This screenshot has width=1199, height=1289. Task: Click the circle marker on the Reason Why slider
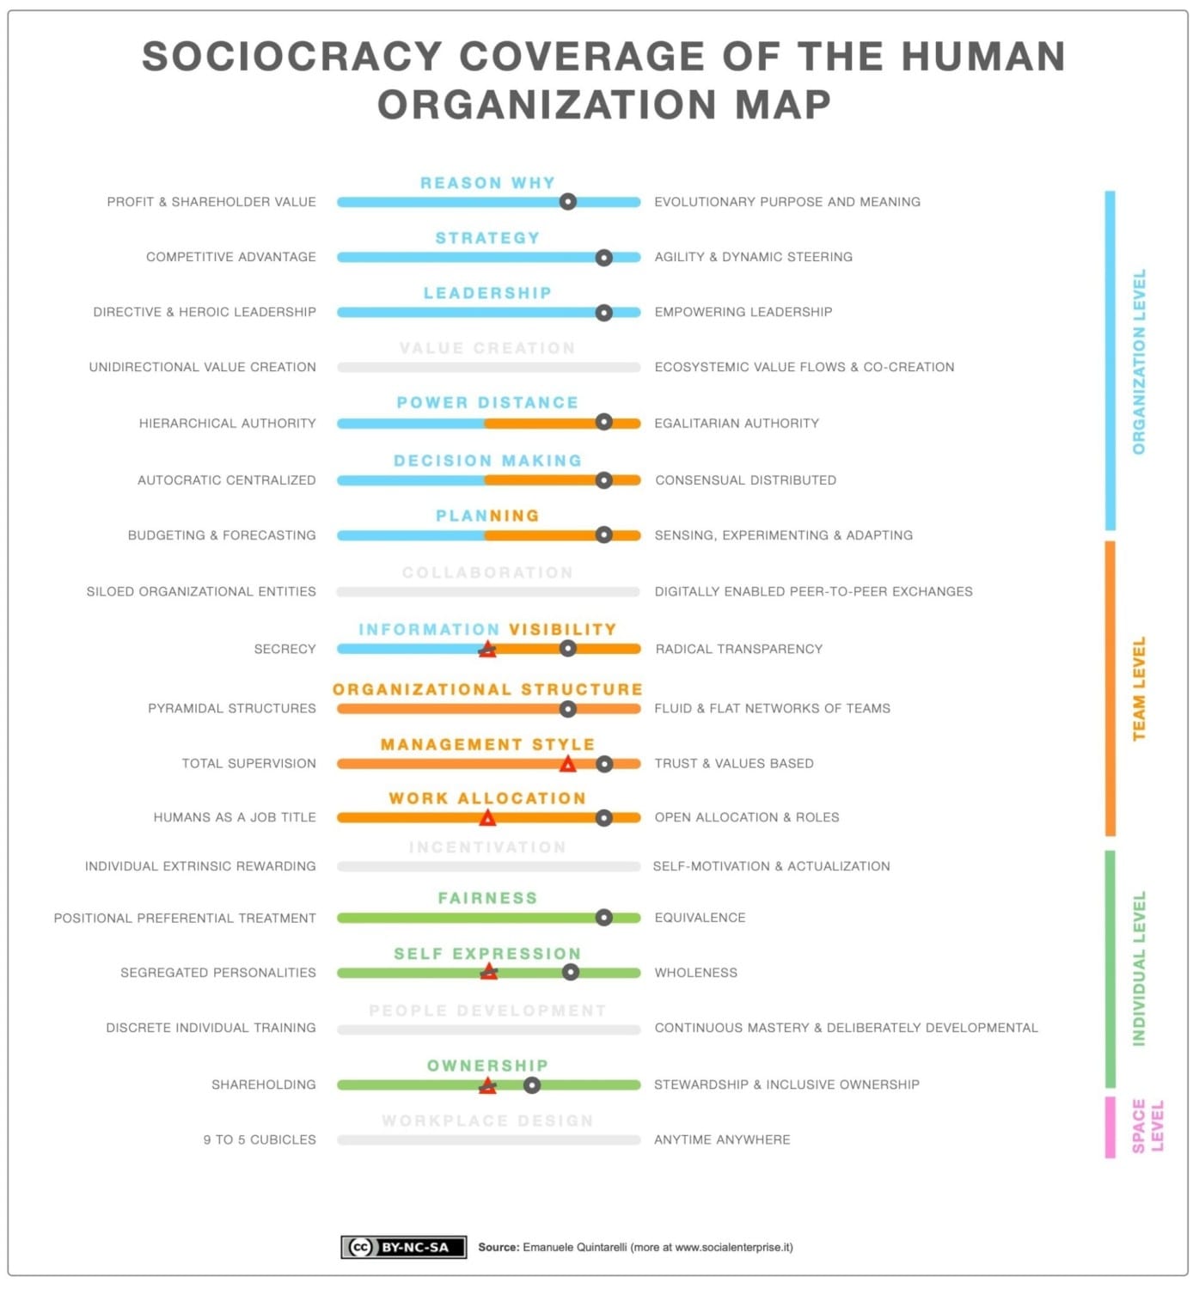pos(567,202)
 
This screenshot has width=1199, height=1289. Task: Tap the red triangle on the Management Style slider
pos(567,764)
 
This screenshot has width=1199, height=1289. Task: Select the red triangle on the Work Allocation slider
pos(487,818)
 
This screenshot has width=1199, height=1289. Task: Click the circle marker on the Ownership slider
pos(532,1085)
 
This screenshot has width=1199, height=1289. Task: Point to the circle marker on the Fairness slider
pos(604,918)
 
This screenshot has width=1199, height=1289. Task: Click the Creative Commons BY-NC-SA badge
pos(403,1247)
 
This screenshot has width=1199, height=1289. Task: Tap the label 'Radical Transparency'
pos(738,649)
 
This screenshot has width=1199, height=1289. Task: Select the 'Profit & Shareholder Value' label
pos(211,202)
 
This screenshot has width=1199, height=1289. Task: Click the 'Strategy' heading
pos(487,238)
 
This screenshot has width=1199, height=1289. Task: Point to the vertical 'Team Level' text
pos(1139,688)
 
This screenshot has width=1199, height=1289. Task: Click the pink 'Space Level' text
pos(1147,1126)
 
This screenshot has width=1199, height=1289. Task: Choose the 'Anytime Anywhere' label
pos(722,1139)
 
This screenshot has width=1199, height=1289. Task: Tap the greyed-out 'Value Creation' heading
pos(487,348)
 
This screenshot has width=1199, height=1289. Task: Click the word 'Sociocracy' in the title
pos(291,57)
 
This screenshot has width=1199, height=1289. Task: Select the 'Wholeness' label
pos(696,973)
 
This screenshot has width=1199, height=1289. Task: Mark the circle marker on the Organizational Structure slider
pos(567,709)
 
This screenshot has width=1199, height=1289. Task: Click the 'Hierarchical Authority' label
pos(228,423)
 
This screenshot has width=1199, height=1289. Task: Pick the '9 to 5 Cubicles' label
pos(260,1139)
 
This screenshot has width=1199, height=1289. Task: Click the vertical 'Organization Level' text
pos(1139,362)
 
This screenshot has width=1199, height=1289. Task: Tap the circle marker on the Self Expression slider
pos(570,973)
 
